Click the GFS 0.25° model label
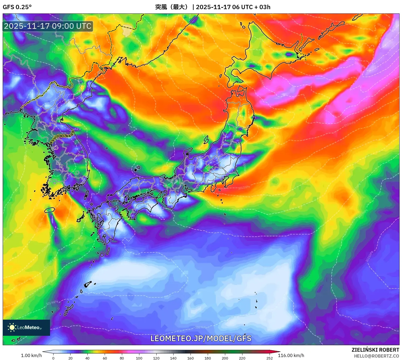[17, 7]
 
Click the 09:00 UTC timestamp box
[48, 26]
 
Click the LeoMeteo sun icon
[12, 327]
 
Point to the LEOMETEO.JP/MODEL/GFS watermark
[201, 338]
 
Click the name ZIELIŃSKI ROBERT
[375, 350]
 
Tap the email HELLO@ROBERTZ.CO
[376, 356]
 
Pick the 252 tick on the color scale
[269, 358]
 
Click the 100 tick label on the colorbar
[139, 358]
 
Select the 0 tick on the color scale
[53, 358]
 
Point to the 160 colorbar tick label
[191, 358]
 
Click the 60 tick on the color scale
[105, 358]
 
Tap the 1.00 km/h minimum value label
[31, 355]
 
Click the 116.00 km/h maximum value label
[291, 355]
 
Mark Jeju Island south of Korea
[50, 210]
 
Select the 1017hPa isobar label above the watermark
[201, 327]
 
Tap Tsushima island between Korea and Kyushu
[86, 195]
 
